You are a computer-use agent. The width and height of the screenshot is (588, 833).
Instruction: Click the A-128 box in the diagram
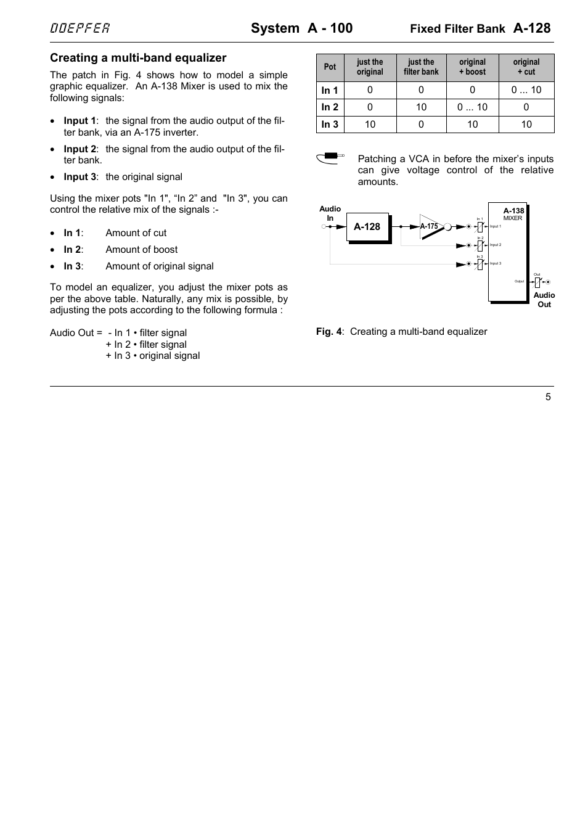[367, 227]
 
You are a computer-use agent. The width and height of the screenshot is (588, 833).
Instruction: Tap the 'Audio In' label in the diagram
[330, 213]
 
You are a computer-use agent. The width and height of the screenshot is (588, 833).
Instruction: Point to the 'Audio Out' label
[544, 300]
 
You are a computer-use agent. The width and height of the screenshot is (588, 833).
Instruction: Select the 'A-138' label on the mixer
[513, 211]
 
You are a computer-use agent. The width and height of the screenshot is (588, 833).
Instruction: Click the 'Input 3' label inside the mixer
[496, 263]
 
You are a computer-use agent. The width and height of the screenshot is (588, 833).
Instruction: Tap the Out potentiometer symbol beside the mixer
[537, 282]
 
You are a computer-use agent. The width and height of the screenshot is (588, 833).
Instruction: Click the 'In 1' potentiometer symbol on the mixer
[480, 226]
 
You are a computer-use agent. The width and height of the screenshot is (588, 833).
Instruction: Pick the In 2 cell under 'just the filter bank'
[421, 107]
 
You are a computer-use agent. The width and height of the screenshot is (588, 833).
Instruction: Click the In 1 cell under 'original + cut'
[526, 90]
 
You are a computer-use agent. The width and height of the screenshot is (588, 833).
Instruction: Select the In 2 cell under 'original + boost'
[472, 107]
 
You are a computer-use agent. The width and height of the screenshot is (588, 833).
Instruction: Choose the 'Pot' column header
[330, 67]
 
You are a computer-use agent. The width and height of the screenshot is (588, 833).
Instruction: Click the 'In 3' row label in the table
[330, 125]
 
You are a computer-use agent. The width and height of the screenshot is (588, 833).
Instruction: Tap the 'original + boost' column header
[472, 67]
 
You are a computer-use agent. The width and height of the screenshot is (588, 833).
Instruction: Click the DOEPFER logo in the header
[80, 28]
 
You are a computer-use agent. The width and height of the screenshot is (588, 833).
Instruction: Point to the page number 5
[548, 397]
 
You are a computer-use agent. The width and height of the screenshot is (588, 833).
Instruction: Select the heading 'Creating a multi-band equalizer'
[138, 58]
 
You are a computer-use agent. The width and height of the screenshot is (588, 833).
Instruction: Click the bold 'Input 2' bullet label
[80, 149]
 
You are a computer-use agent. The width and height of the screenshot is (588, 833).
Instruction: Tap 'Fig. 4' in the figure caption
[329, 332]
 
